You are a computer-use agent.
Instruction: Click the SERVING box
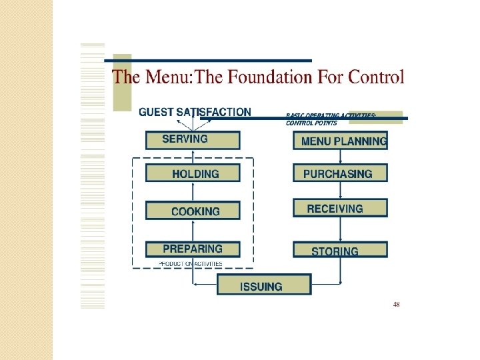(193, 139)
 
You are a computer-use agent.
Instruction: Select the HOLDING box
(193, 173)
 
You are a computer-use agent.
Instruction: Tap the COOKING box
(193, 211)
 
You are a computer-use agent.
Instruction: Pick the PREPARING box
(193, 249)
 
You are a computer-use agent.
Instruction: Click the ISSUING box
(264, 285)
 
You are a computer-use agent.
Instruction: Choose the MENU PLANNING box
(340, 141)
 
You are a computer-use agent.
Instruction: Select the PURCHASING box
(340, 173)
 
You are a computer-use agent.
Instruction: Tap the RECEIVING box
(340, 208)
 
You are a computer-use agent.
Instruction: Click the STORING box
(340, 251)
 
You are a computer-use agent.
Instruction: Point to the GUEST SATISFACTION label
(195, 113)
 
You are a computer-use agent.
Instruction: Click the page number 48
(397, 304)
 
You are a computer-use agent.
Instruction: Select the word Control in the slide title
(377, 77)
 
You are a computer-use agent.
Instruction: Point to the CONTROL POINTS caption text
(311, 123)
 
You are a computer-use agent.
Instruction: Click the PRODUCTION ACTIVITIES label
(191, 264)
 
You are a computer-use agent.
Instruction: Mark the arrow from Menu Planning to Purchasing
(341, 157)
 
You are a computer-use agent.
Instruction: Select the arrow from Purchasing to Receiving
(341, 191)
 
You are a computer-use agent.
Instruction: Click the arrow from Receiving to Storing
(341, 229)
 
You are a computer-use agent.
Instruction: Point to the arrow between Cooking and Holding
(193, 191)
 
